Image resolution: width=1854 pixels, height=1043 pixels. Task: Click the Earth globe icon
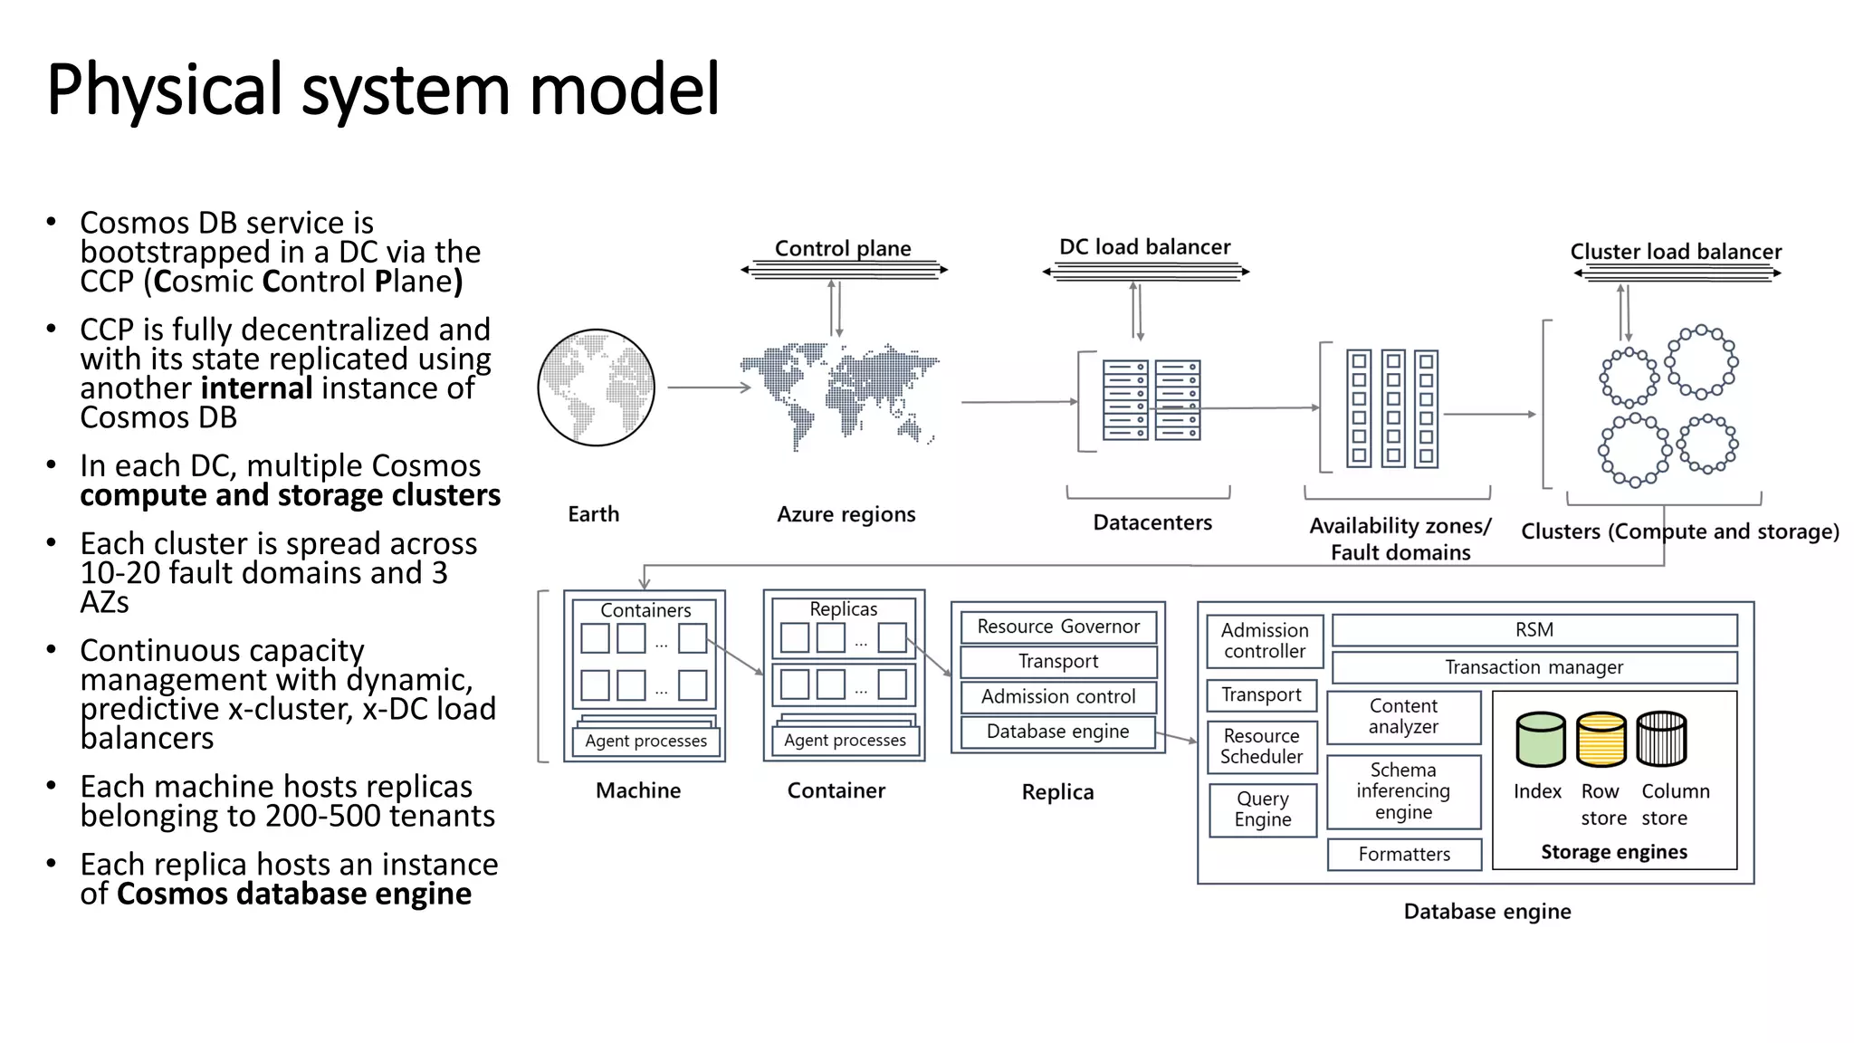(x=596, y=388)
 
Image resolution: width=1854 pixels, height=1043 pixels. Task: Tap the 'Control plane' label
(x=843, y=248)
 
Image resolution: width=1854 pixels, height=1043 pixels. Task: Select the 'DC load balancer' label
(x=1144, y=247)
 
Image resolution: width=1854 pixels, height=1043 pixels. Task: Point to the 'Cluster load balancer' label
(x=1675, y=252)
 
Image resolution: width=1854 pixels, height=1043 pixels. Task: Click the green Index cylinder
(x=1540, y=740)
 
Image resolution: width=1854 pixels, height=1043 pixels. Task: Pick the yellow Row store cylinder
(x=1601, y=740)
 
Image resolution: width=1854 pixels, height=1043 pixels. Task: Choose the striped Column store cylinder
(x=1661, y=740)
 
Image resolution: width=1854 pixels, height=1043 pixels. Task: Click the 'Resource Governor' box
(x=1057, y=627)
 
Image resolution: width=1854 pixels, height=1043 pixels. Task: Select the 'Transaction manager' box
(x=1534, y=667)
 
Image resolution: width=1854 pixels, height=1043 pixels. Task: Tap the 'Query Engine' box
(x=1262, y=809)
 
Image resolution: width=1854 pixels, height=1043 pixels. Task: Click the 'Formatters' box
(x=1404, y=854)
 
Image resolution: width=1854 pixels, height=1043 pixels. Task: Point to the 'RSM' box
(x=1534, y=629)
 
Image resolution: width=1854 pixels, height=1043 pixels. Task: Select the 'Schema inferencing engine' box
(x=1403, y=791)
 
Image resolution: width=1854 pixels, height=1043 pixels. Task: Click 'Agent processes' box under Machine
(x=645, y=741)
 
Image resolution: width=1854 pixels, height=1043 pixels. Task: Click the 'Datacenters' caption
(x=1152, y=522)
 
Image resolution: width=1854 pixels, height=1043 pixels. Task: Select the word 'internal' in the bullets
(x=256, y=388)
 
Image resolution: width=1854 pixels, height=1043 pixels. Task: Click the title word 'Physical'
(x=164, y=90)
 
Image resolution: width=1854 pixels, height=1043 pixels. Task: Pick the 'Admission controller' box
(x=1264, y=640)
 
